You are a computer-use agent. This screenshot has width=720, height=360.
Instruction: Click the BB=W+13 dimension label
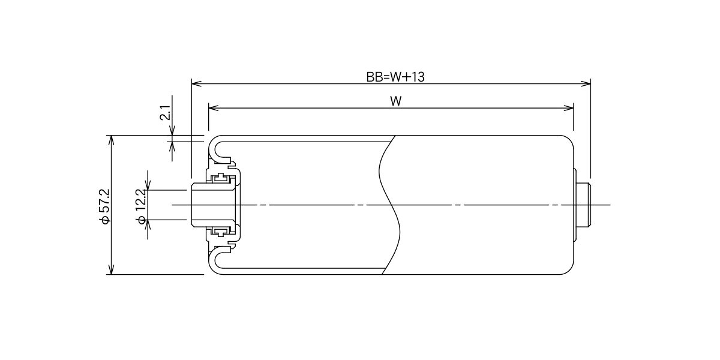point(395,77)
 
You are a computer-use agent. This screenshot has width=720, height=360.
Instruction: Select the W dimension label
point(396,101)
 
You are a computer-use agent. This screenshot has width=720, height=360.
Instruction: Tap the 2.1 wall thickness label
point(165,112)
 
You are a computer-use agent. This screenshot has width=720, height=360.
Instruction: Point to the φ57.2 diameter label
point(105,206)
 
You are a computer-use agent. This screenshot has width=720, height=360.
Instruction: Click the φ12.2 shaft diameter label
point(142,206)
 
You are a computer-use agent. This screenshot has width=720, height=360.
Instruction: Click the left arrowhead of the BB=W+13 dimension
point(196,84)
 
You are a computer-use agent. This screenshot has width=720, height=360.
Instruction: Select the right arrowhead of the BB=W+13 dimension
point(586,84)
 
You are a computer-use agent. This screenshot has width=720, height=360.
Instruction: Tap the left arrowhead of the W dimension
point(214,108)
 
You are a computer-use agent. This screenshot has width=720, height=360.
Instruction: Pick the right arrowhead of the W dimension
point(569,108)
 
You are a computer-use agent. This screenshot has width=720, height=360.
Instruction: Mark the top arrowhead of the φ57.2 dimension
point(111,140)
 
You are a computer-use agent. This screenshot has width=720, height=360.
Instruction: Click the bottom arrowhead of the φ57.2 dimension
point(111,269)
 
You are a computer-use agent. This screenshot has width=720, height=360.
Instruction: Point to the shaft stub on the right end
point(584,205)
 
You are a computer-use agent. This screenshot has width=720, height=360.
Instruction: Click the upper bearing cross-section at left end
point(221,178)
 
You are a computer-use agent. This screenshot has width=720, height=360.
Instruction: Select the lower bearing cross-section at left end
point(221,232)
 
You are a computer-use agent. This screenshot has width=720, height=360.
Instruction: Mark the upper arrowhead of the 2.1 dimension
point(172,131)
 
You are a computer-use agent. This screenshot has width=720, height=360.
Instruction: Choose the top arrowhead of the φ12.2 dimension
point(148,185)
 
